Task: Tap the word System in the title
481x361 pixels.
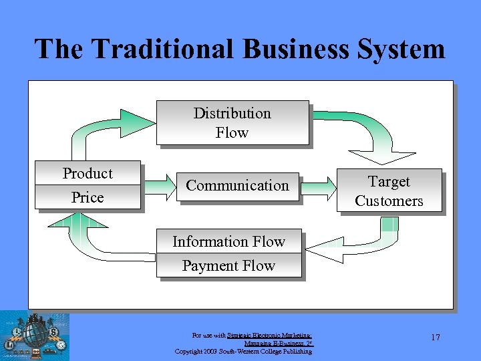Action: (405, 49)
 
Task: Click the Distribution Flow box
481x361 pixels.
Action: (232, 122)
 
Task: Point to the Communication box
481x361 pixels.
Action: (238, 186)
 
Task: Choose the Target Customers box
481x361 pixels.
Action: (389, 191)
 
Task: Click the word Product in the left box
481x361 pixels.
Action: (88, 174)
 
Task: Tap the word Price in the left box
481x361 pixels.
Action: (88, 198)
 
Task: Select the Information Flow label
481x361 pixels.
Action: (228, 242)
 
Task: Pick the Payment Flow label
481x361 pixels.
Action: (228, 266)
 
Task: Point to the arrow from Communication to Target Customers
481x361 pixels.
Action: (319, 186)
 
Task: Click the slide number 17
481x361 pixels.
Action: (435, 338)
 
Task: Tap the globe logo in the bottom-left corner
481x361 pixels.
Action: (34, 335)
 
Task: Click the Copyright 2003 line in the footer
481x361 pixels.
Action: (243, 352)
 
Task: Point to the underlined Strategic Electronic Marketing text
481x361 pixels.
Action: (269, 335)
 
